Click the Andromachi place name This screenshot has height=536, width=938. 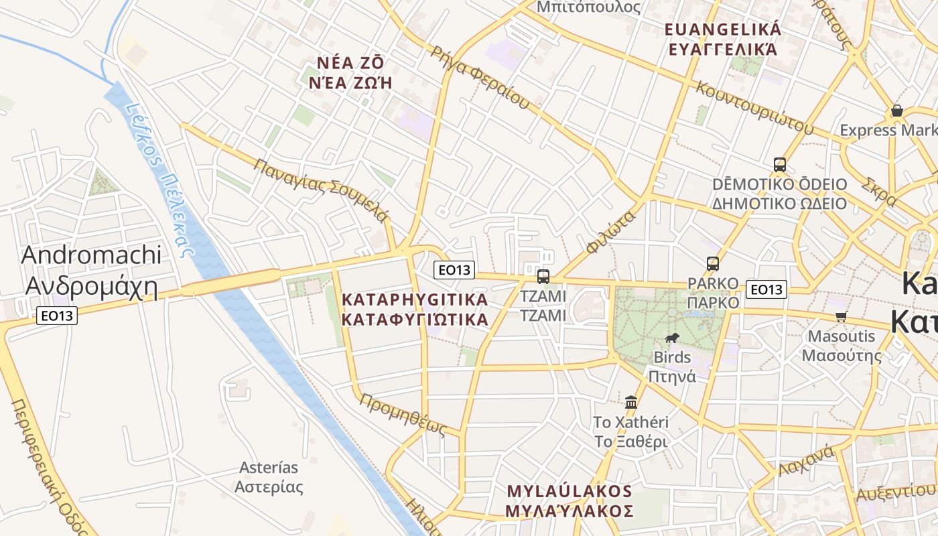pos(91,271)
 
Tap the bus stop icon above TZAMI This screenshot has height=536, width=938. pos(543,276)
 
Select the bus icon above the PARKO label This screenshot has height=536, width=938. pos(712,264)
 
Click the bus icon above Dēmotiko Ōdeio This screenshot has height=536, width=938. pos(779,164)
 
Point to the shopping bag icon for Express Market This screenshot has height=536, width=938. pos(896,111)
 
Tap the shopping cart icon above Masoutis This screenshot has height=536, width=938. pos(841,316)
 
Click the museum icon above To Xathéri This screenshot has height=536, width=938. pos(630,402)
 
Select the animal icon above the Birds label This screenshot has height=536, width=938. pos(672,338)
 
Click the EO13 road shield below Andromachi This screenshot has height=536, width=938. pos(57,315)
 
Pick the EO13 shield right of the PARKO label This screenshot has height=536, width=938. pos(766,289)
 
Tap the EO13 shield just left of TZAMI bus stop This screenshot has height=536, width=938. pos(454,270)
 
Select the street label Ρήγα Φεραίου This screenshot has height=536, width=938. pos(480,78)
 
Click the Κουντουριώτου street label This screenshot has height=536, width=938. pos(754,107)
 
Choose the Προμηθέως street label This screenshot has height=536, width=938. pos(403,415)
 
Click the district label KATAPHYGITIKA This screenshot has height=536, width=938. pos(415,309)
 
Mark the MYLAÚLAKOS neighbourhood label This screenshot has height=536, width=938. pos(569,501)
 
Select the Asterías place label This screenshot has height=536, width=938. pos(269,477)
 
